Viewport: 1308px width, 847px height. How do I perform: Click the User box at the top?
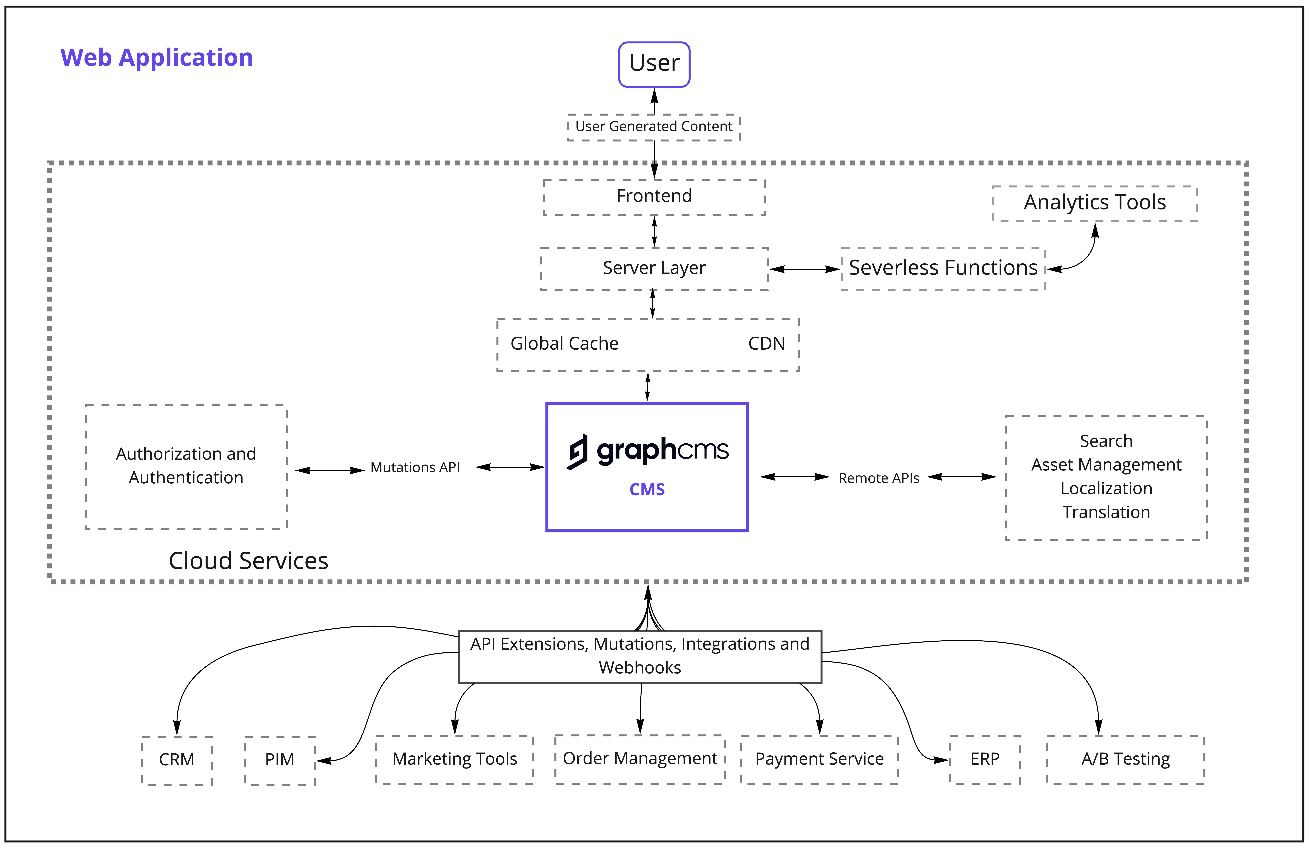[x=654, y=64]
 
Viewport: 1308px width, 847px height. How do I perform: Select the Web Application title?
[x=157, y=58]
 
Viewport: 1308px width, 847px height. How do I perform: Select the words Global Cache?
[x=564, y=344]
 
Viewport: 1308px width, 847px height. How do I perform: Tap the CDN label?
[x=766, y=344]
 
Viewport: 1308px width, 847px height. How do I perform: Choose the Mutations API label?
[x=415, y=467]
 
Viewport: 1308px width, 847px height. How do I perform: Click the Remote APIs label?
[x=878, y=478]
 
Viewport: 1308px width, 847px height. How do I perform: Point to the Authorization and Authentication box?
[x=186, y=466]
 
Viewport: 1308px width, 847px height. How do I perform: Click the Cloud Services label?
[x=248, y=561]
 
